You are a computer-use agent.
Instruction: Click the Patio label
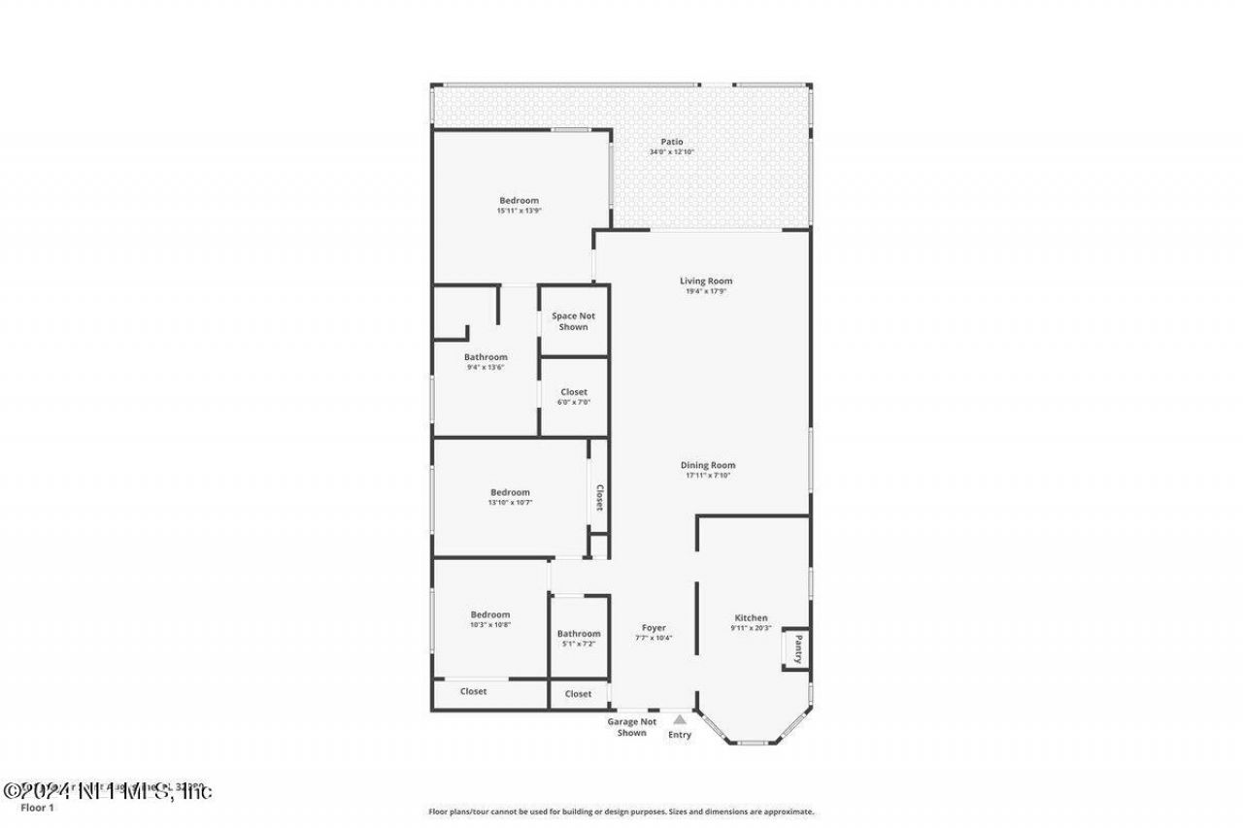672,142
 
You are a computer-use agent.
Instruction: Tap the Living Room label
706,281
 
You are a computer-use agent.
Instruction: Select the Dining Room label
707,465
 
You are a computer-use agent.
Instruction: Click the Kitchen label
751,617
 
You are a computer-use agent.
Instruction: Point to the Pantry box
795,648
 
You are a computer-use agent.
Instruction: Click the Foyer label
654,627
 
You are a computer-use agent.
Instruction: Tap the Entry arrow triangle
680,719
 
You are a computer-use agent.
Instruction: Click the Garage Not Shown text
632,727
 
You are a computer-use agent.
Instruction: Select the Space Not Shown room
573,321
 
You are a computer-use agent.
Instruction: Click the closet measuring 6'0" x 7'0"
574,396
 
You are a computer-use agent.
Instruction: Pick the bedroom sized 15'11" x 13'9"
519,205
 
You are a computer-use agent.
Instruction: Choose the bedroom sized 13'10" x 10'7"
510,497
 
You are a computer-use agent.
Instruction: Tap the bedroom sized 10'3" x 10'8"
490,619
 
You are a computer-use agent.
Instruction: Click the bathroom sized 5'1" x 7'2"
579,638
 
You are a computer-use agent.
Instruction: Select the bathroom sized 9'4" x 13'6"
486,361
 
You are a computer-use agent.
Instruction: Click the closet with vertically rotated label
599,497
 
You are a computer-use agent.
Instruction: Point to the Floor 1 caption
38,808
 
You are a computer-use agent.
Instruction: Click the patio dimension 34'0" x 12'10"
672,152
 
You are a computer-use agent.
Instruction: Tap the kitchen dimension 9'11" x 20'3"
751,628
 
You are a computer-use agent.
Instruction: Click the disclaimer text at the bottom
621,811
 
